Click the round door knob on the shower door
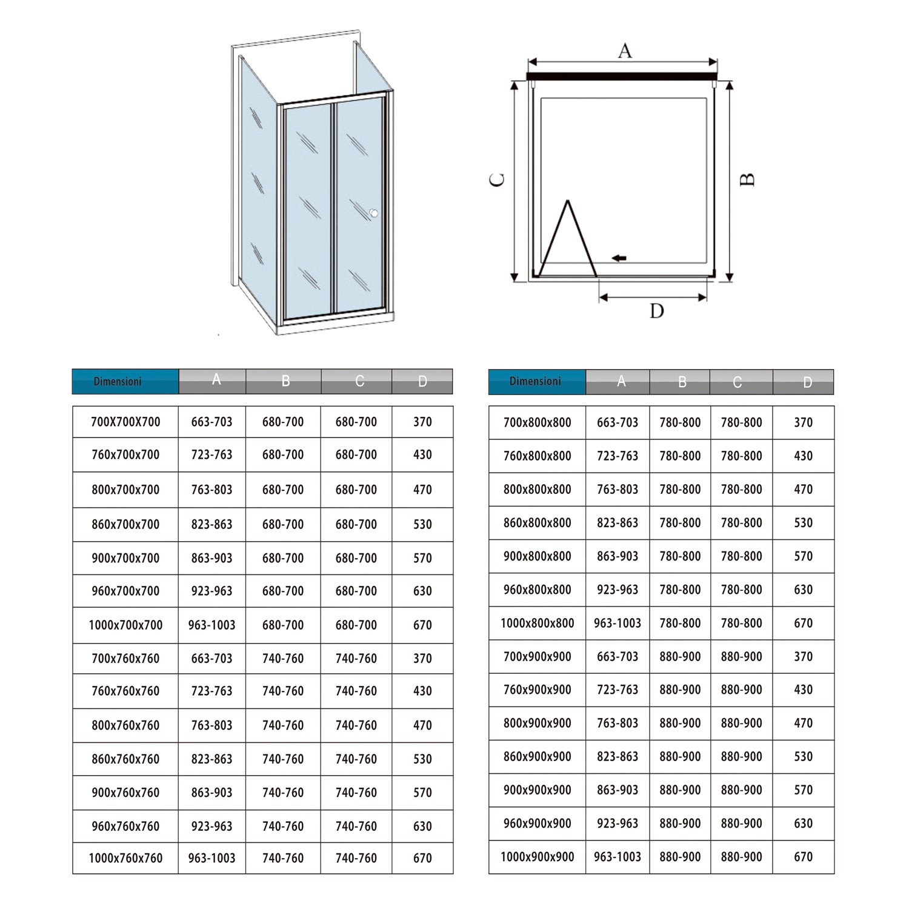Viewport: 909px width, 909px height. [374, 213]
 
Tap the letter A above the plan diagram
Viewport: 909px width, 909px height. [625, 51]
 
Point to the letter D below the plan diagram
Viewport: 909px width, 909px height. [657, 311]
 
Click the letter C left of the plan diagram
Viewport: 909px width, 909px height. [497, 180]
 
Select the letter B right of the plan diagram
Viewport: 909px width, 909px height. [748, 180]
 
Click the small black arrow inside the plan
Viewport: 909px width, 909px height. [619, 258]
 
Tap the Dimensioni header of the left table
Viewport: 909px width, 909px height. [118, 382]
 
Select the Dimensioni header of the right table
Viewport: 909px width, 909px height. [535, 382]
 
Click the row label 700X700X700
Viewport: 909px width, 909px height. [125, 422]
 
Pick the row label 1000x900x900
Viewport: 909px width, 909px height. [537, 857]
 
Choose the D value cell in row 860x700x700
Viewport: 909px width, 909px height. [422, 524]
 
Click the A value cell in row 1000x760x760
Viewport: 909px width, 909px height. [211, 858]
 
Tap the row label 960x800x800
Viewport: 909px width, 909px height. [537, 590]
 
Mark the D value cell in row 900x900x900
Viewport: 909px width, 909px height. [803, 790]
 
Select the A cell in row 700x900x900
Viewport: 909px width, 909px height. [618, 656]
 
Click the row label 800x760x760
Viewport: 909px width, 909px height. [125, 725]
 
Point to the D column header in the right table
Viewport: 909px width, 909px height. [807, 382]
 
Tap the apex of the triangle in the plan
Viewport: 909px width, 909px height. [568, 201]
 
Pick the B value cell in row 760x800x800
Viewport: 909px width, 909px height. [680, 456]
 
